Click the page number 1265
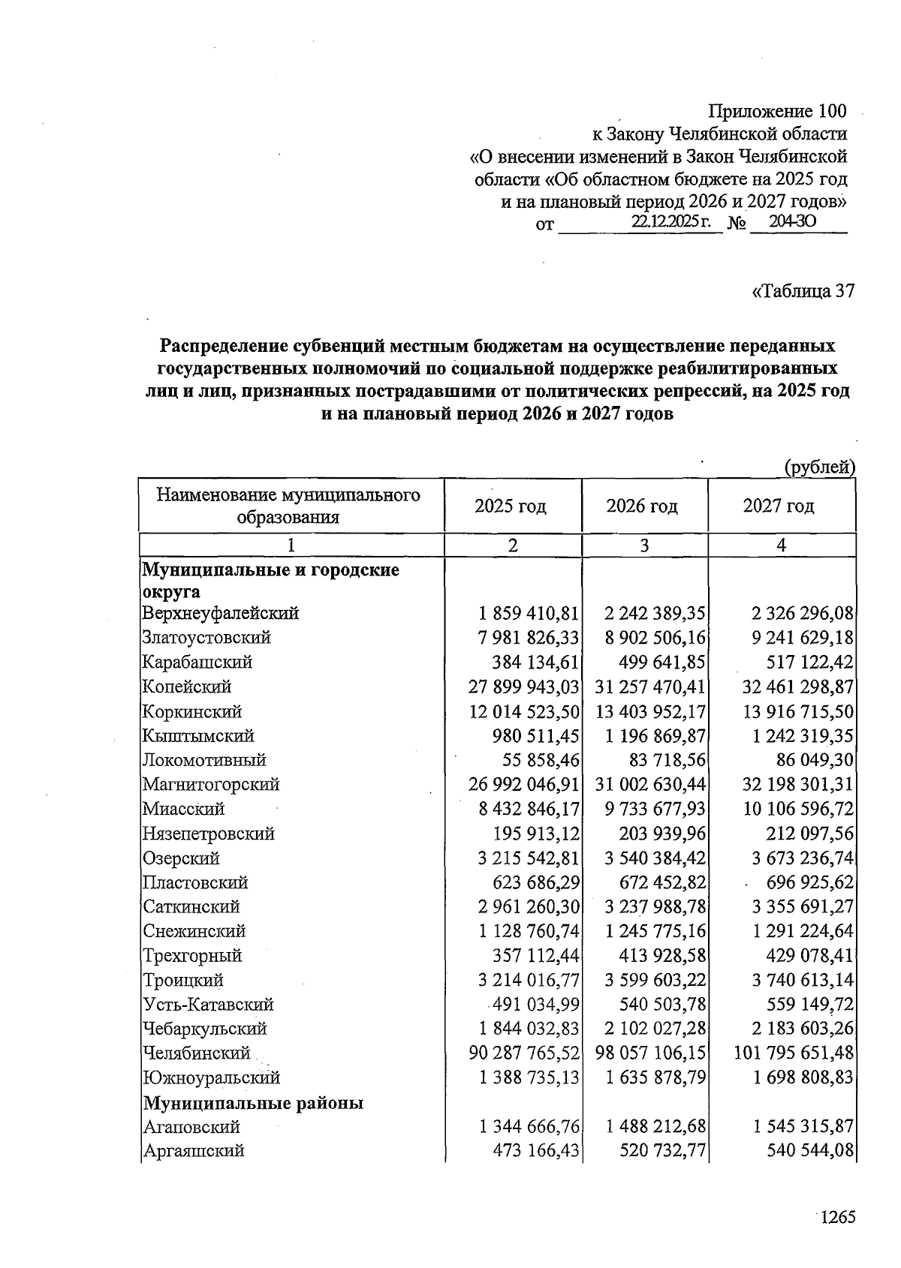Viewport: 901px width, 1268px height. tap(836, 1217)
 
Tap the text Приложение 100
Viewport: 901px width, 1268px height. tap(777, 112)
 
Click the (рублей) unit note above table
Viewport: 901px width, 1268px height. tap(819, 467)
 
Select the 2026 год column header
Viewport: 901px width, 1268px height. tap(642, 506)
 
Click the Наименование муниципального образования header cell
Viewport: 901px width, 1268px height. tap(288, 506)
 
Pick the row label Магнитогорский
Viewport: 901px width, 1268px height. tap(211, 785)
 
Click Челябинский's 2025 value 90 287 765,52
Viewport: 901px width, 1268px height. tap(523, 1053)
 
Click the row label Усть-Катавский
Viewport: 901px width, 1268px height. tap(208, 1005)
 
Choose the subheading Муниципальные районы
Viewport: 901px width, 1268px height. tap(253, 1103)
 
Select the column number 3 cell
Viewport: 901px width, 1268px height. tap(644, 545)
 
